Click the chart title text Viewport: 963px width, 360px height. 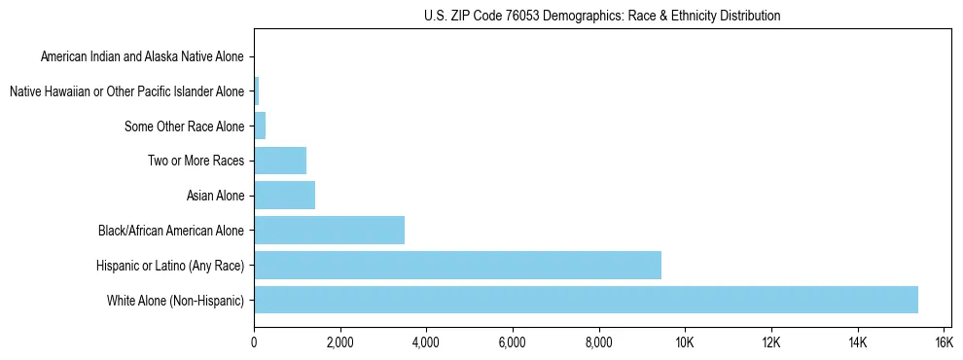[602, 16]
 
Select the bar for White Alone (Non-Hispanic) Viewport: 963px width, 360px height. [586, 300]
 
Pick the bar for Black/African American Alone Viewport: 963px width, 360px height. [329, 231]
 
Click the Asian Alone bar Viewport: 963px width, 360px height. [284, 196]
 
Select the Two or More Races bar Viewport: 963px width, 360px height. [280, 161]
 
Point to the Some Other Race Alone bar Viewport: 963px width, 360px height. [260, 126]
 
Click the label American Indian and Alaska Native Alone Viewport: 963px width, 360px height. [142, 56]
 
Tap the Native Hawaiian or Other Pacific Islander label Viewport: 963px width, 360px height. [126, 91]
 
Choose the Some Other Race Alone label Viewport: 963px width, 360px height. [184, 126]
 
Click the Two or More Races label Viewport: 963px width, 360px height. [196, 161]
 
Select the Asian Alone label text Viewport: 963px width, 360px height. [215, 196]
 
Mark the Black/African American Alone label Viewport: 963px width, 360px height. [171, 231]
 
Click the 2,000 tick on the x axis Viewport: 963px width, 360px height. [339, 342]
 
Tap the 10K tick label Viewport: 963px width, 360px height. [685, 342]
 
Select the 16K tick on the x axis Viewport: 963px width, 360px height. [943, 342]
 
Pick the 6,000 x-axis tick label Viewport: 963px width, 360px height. [512, 342]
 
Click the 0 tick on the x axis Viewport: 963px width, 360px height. [254, 342]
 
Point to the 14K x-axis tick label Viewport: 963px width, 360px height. [857, 342]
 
